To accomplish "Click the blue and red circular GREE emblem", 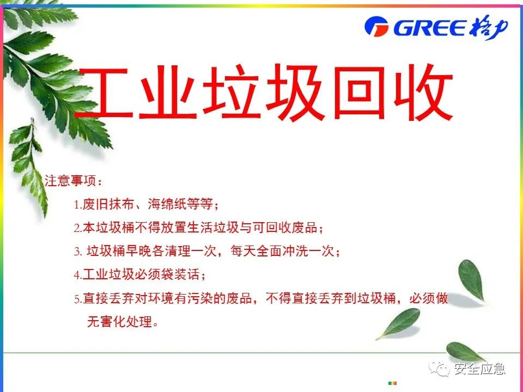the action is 376,26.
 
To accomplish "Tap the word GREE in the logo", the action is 430,28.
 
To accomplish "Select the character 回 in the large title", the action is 359,92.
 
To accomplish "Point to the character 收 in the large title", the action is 423,93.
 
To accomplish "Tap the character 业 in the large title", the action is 167,93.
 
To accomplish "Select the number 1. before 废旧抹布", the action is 78,204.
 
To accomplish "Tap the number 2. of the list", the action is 78,228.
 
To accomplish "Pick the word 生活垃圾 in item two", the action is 213,228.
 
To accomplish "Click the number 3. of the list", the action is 78,252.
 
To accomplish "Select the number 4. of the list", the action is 78,275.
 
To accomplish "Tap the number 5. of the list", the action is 78,299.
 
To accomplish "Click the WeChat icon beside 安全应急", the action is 439,369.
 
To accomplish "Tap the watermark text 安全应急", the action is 479,369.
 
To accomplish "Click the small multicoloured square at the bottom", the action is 392,383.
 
